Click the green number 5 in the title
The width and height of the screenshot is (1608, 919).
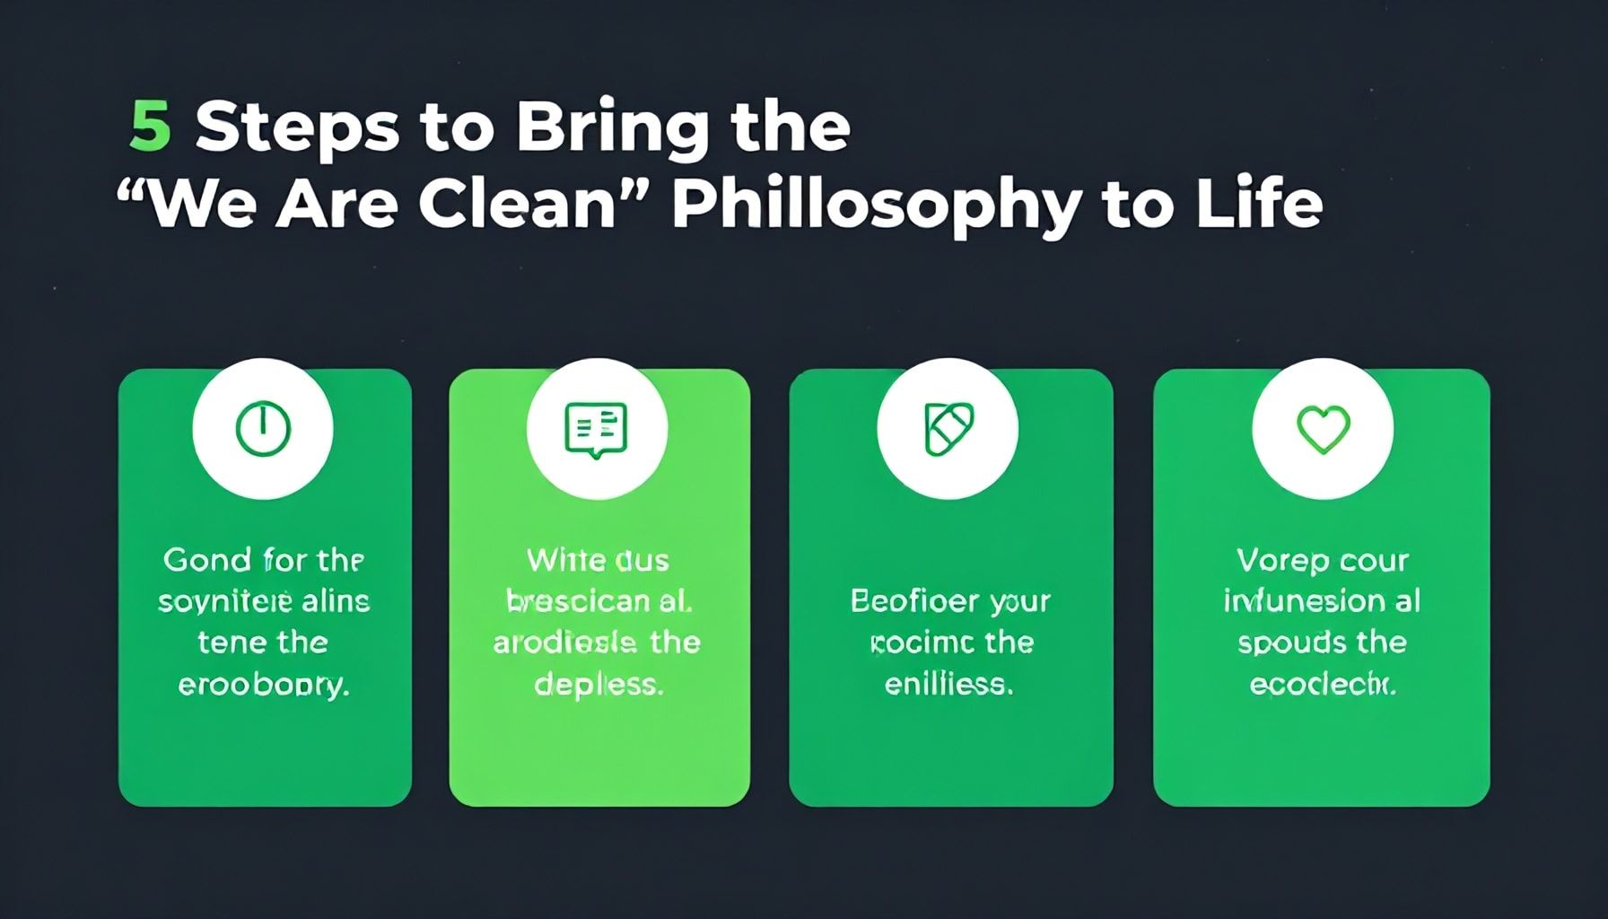click(150, 127)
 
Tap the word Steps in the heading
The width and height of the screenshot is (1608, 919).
click(297, 128)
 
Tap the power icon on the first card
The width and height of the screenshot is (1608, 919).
click(263, 428)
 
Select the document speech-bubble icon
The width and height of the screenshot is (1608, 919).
click(596, 430)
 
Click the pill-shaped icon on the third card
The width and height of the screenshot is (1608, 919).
click(948, 428)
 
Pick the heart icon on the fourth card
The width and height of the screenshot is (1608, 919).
click(1323, 428)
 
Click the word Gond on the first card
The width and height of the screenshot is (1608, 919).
click(207, 560)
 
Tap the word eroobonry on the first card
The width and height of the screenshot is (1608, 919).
click(263, 686)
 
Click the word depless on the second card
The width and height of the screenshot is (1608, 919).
click(599, 685)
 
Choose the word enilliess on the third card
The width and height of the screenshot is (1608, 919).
click(948, 685)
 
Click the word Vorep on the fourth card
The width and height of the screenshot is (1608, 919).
click(1270, 560)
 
